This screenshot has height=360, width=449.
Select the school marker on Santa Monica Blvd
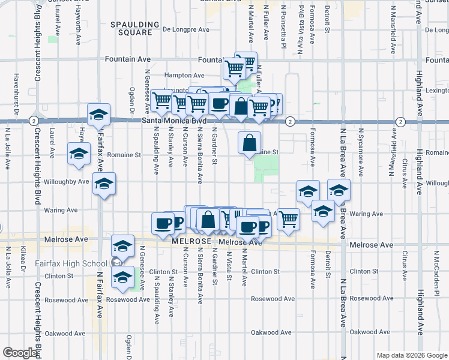[99, 115]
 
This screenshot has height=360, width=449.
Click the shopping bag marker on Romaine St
[249, 143]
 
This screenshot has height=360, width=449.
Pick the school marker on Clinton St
[122, 278]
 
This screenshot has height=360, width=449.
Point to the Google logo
[20, 353]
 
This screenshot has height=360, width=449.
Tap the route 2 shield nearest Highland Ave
[400, 122]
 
